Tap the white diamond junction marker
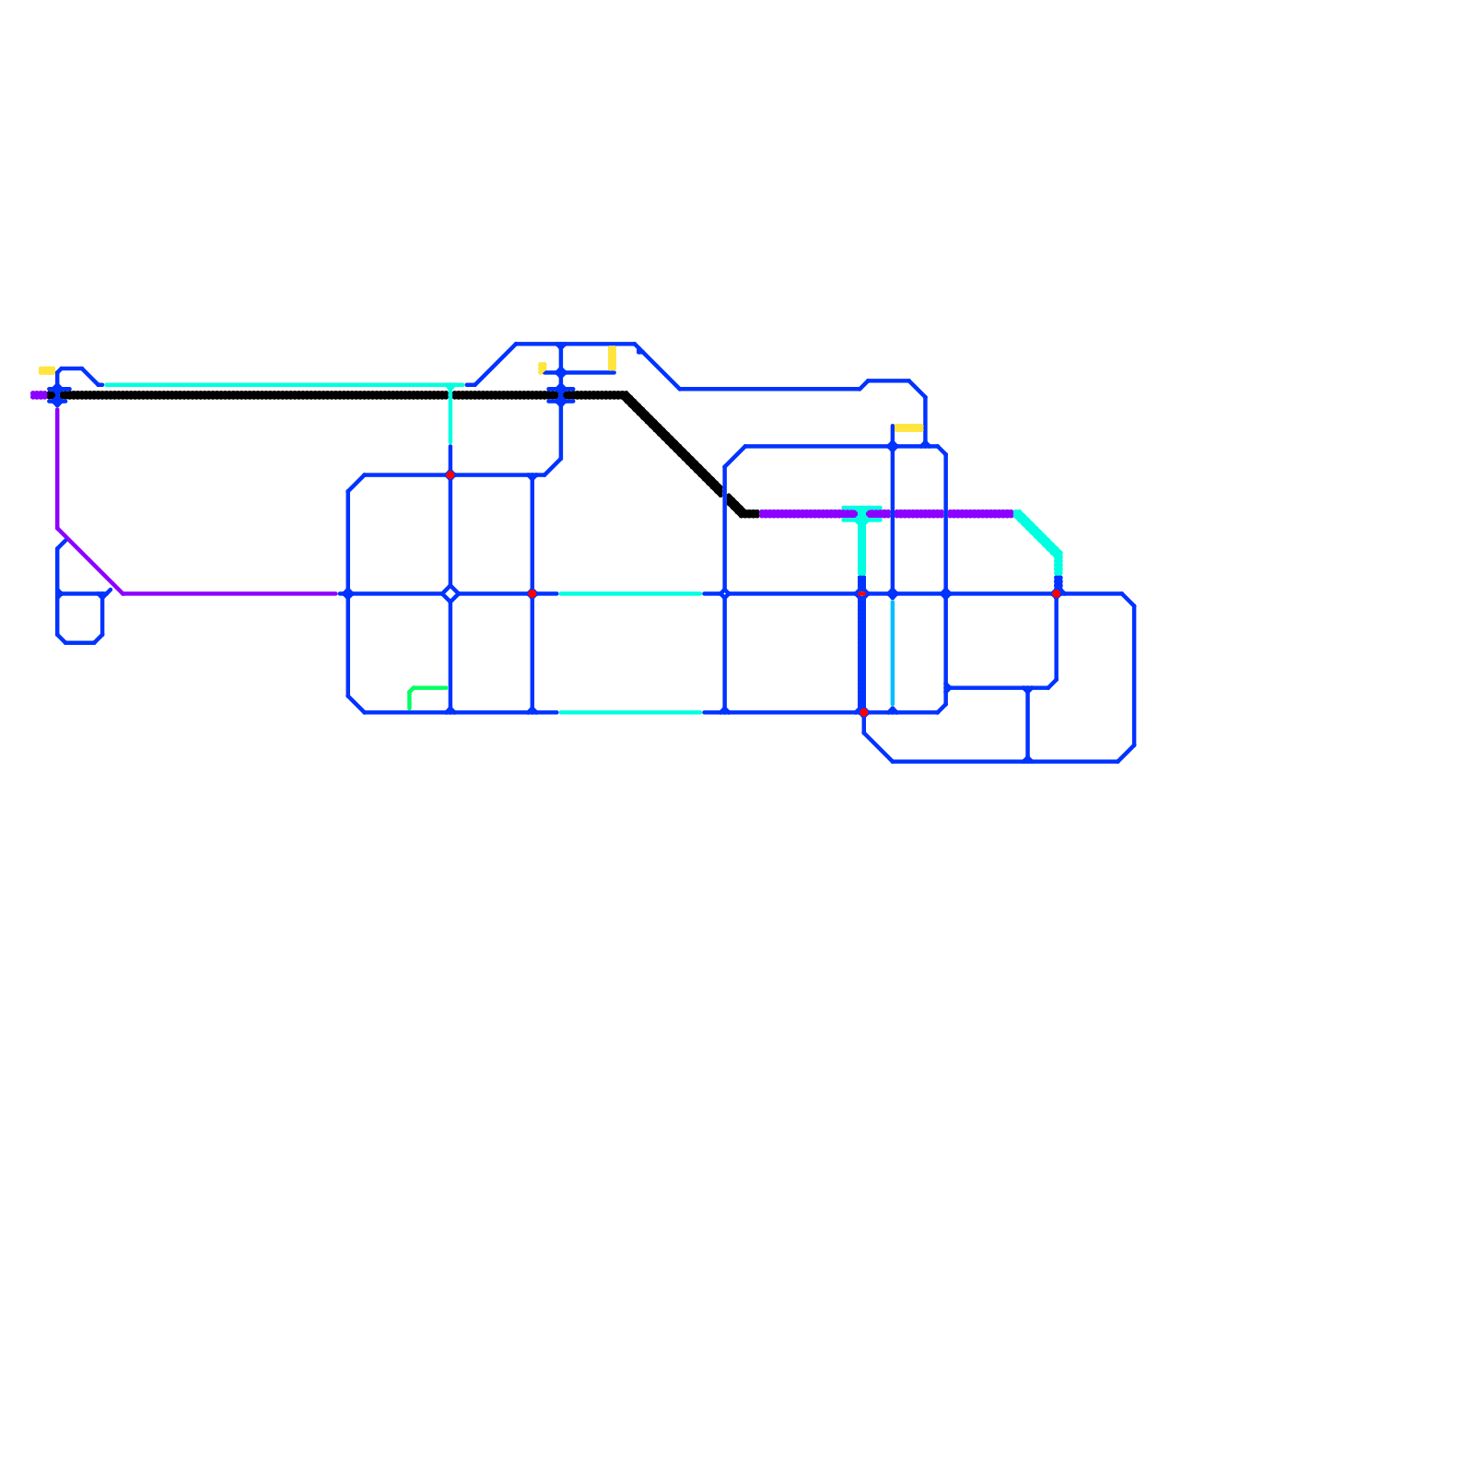pos(450,594)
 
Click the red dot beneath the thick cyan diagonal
pos(1057,594)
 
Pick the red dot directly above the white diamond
pos(450,475)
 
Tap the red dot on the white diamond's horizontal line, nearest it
pos(532,594)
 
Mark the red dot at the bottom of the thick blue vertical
pos(863,712)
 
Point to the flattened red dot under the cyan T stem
pos(862,594)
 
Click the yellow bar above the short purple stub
pos(46,371)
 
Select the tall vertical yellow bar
pos(612,357)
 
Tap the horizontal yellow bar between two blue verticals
pos(908,428)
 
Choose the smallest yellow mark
pos(542,368)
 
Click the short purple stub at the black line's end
pos(39,396)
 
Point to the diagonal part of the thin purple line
pos(90,562)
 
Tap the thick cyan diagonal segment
pos(1038,534)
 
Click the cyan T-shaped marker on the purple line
pos(861,514)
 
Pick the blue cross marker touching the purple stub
pos(58,396)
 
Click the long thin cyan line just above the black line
pos(276,385)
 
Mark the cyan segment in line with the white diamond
pos(630,594)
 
